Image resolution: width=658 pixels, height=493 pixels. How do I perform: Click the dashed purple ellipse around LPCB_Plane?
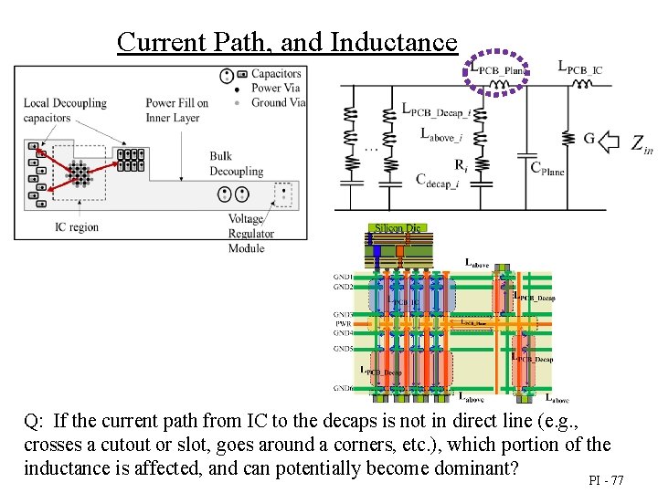click(x=497, y=72)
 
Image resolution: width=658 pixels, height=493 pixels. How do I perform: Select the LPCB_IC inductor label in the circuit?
click(x=580, y=67)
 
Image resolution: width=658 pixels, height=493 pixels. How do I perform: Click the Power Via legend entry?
click(x=274, y=88)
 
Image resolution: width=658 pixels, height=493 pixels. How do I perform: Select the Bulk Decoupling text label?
click(x=236, y=164)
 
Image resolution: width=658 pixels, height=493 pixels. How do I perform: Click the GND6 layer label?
click(x=344, y=388)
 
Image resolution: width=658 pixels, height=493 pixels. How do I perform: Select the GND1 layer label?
click(x=344, y=277)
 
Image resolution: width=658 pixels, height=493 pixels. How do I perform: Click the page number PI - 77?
click(x=606, y=479)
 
